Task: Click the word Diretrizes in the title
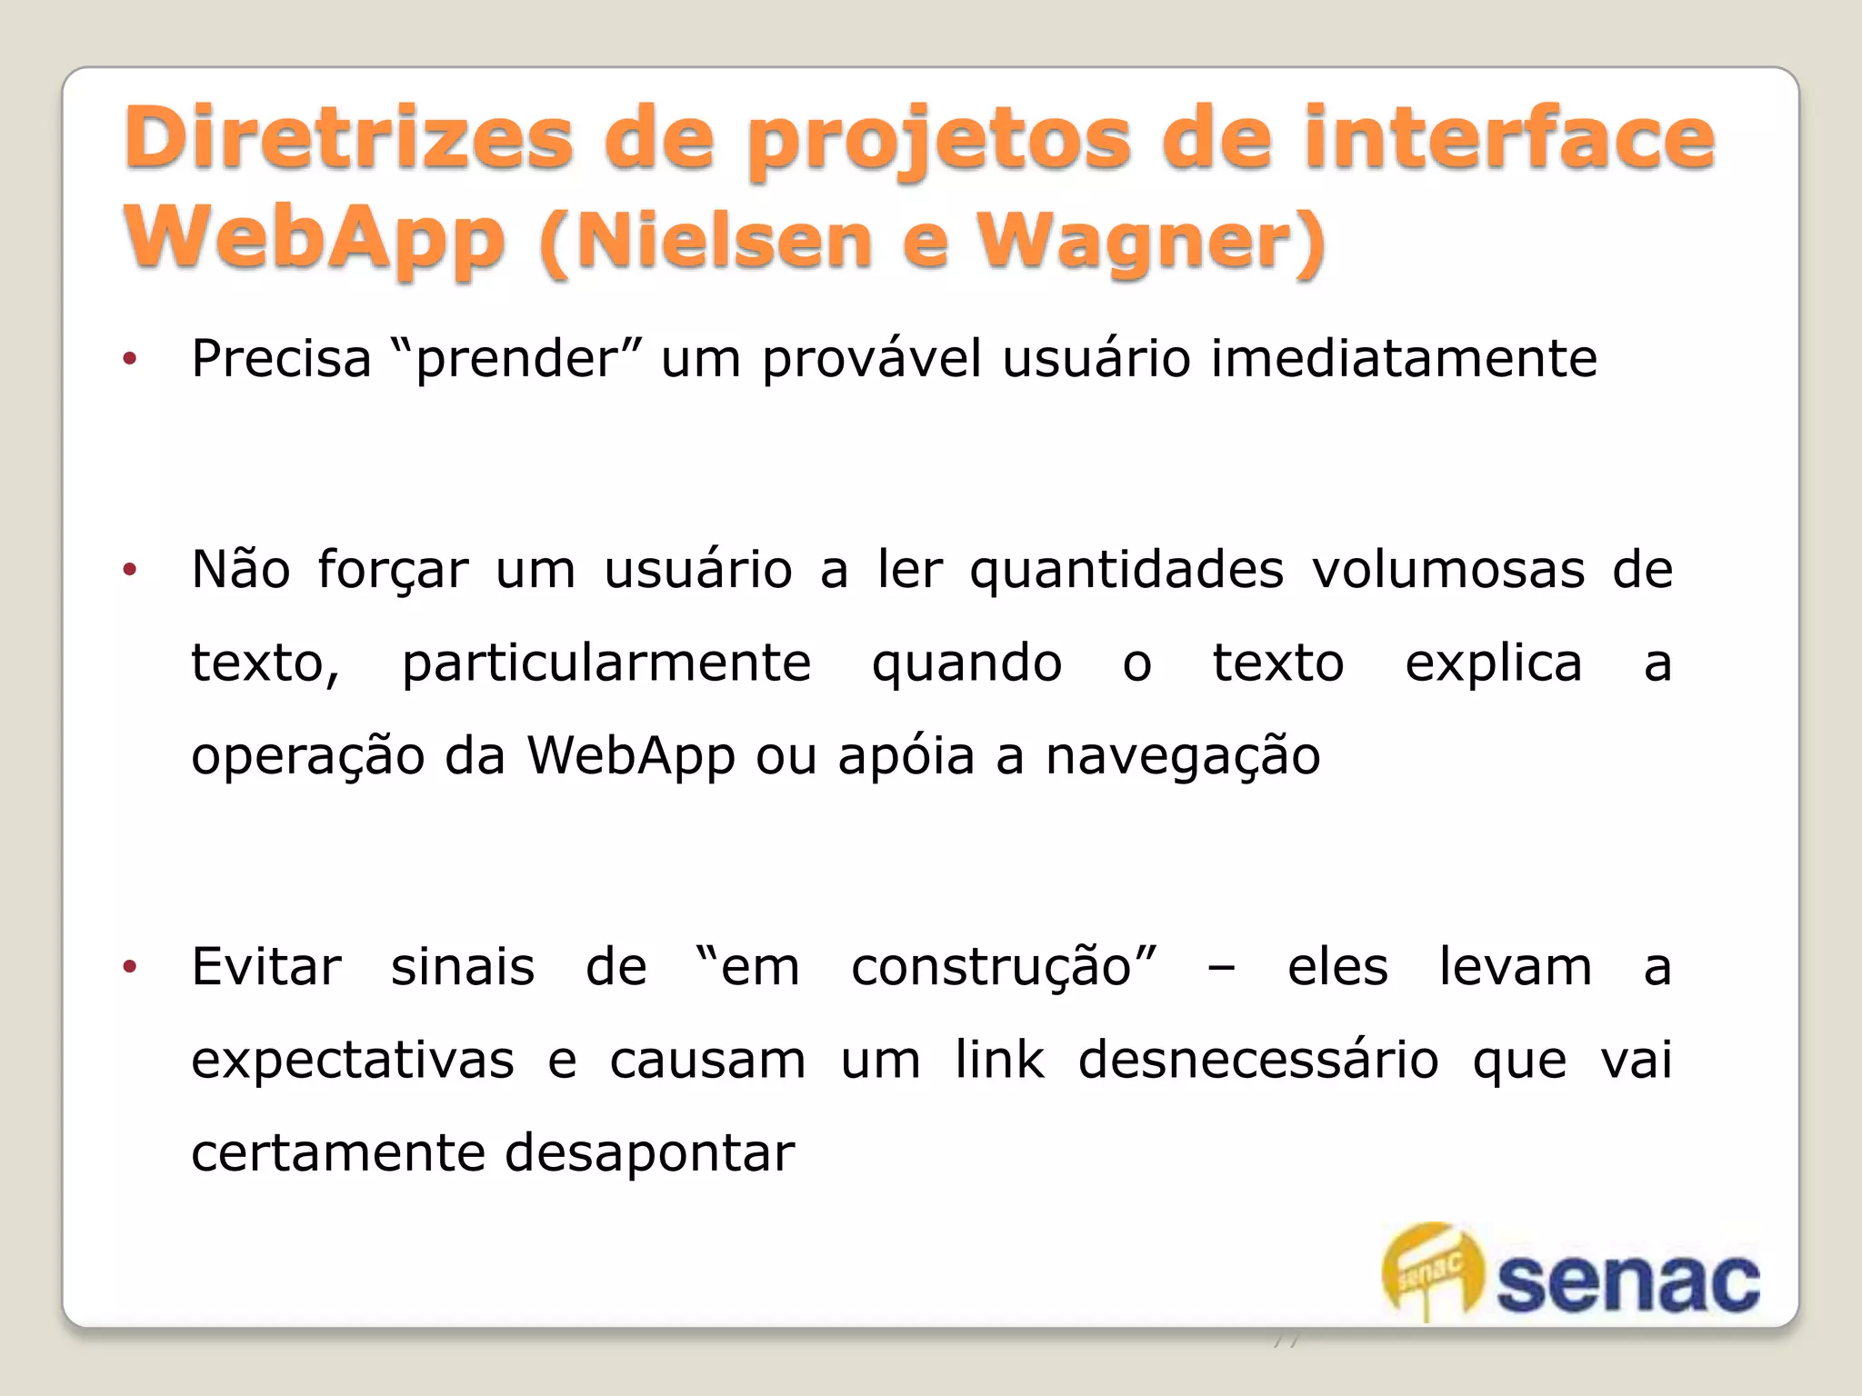point(348,138)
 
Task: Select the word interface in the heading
point(1509,138)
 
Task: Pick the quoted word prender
point(516,358)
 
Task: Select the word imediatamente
point(1404,358)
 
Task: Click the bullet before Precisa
point(130,360)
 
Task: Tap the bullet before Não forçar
point(130,571)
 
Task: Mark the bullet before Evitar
point(130,967)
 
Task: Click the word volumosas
point(1447,571)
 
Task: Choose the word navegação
point(1182,757)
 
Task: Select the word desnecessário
point(1257,1060)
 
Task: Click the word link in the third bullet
point(999,1060)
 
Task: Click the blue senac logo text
point(1627,1283)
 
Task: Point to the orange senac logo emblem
point(1431,1269)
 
